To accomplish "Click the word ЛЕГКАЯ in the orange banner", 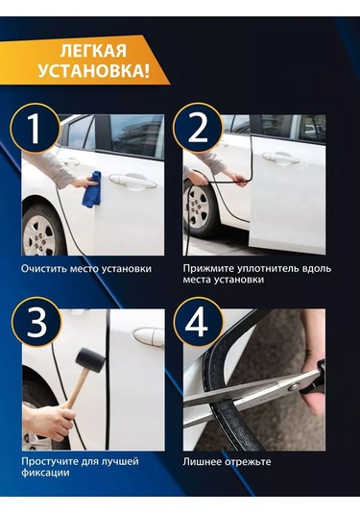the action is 93,52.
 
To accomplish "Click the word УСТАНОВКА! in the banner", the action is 94,71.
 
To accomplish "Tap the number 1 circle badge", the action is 36,128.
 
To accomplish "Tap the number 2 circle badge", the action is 198,128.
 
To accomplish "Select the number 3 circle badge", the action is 36,322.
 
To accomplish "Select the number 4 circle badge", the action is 198,322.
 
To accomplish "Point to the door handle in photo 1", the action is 132,182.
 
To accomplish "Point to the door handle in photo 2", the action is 280,158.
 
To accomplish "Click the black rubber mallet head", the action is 90,359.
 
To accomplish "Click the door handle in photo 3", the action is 149,336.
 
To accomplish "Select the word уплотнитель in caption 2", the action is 265,269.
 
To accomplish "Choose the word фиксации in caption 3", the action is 45,473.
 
